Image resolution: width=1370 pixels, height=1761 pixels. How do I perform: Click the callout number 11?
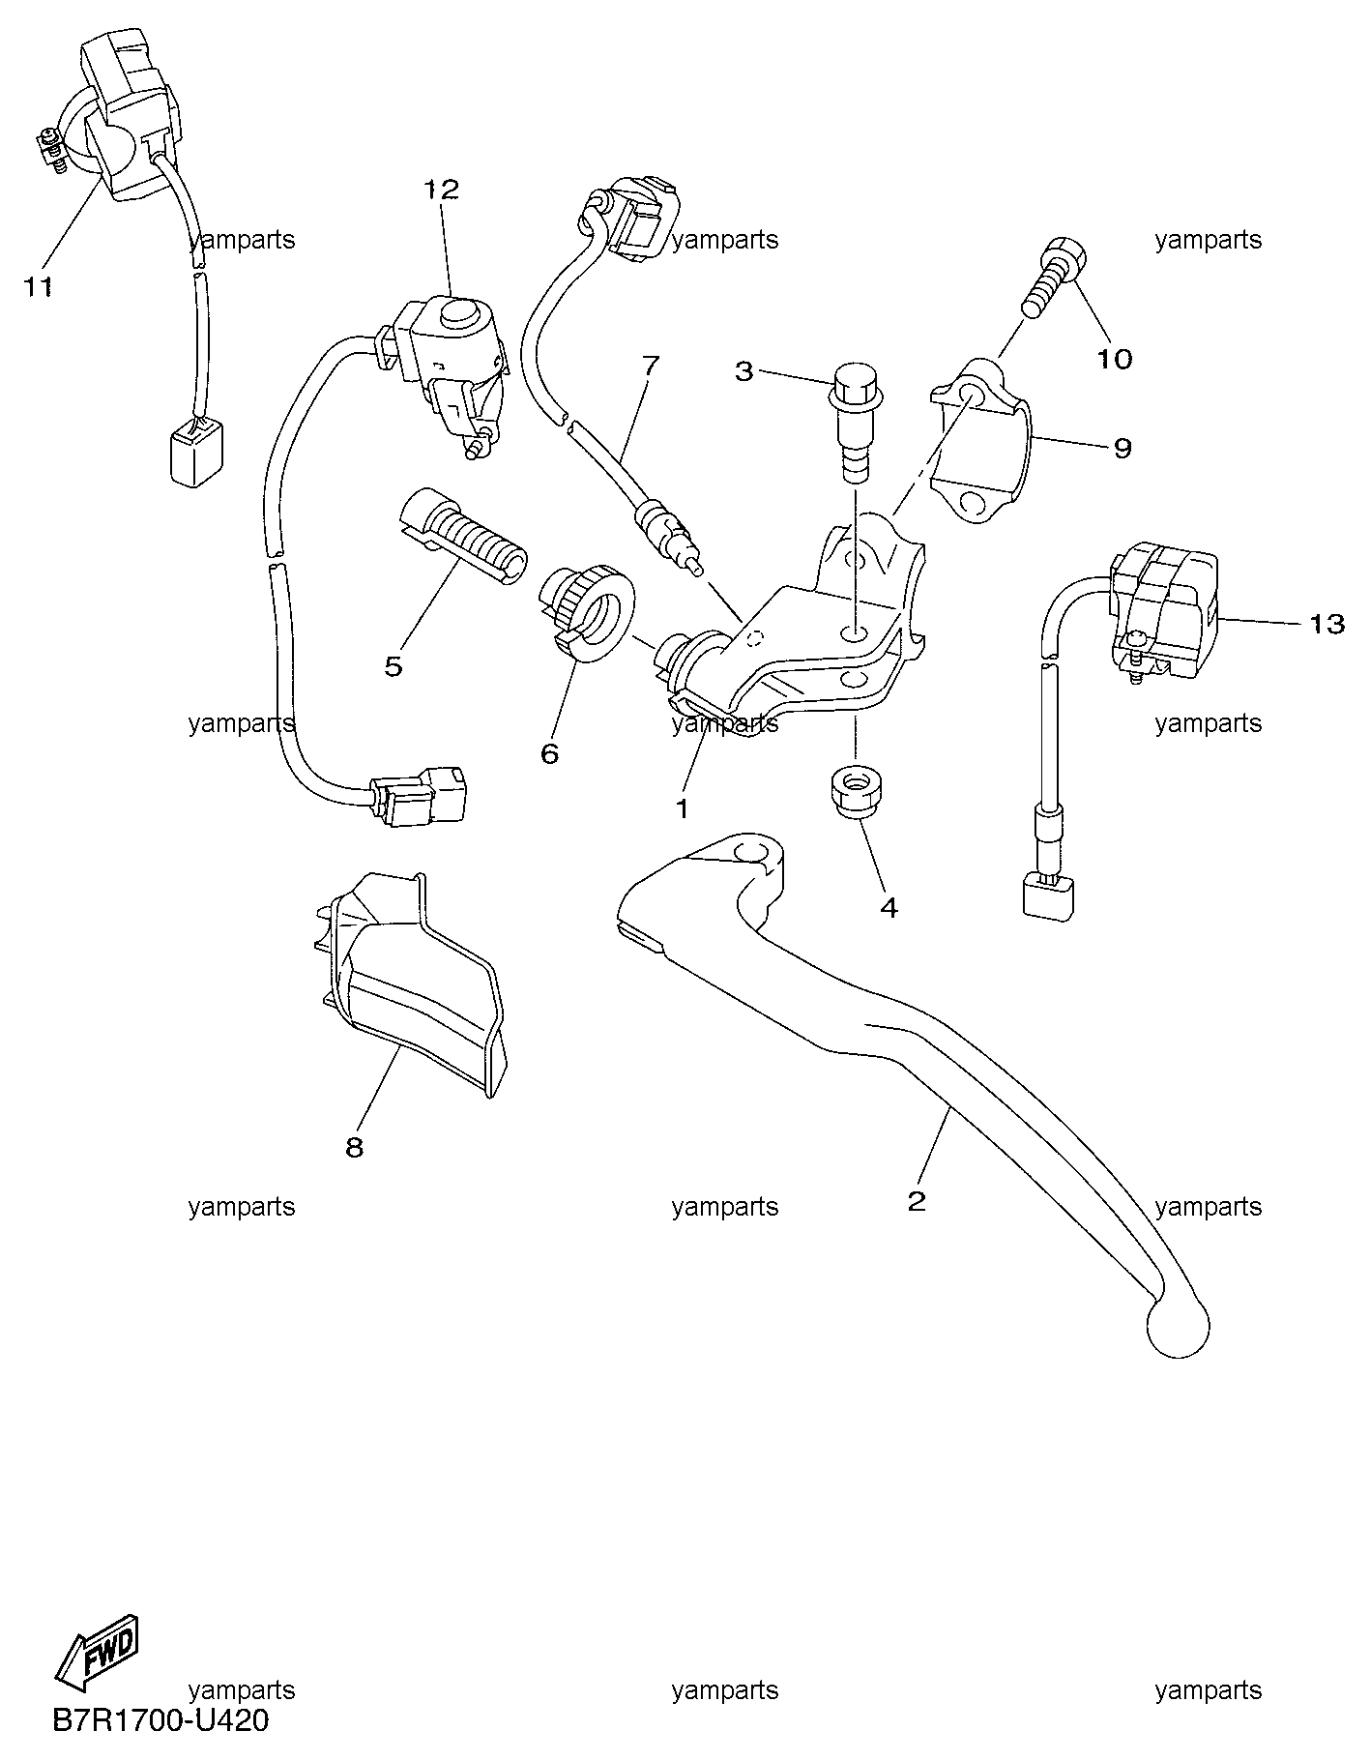pos(39,287)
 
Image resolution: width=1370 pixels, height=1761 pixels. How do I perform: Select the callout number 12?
pos(441,190)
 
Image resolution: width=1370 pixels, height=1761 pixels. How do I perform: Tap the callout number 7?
pos(650,366)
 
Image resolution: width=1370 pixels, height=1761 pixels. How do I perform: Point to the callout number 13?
pos(1327,624)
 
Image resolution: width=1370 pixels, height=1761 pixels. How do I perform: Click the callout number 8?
pos(354,1147)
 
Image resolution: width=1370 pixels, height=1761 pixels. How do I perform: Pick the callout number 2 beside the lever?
pos(917,1201)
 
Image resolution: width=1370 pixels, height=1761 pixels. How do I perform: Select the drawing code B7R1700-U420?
pos(160,1721)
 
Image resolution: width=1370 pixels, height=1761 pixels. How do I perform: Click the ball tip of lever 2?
pos(1177,1324)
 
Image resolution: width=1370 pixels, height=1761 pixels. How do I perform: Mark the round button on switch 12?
pos(461,312)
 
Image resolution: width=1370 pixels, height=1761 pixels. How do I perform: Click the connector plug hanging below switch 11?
pos(195,454)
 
